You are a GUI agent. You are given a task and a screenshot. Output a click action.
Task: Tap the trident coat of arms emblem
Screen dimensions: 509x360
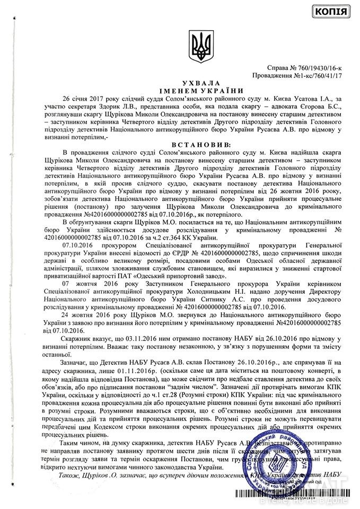[x=201, y=46]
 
